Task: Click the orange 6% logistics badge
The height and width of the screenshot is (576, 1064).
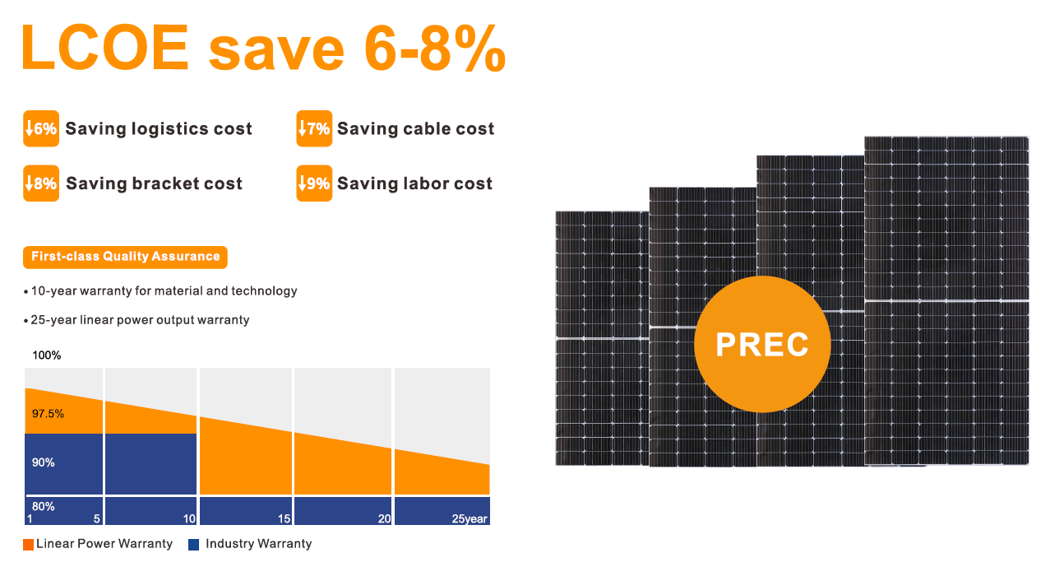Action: coord(41,129)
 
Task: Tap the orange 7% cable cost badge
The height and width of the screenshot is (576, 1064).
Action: coord(313,129)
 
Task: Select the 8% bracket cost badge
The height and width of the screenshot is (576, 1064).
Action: coord(41,183)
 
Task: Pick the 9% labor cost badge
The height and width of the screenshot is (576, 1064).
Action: coord(313,183)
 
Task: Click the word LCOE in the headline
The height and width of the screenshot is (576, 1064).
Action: coord(104,49)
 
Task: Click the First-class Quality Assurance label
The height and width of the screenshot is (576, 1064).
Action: coord(125,257)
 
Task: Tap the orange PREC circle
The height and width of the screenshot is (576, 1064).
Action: coord(761,344)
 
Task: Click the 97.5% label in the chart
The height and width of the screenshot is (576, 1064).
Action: coord(48,414)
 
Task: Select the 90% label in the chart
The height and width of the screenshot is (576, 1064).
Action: coord(44,462)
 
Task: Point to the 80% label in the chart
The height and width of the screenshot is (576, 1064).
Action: coord(44,506)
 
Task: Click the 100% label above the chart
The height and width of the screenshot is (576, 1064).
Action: coord(46,355)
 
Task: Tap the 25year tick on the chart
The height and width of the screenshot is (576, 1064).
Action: coord(470,519)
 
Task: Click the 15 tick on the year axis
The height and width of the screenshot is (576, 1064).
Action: coord(285,519)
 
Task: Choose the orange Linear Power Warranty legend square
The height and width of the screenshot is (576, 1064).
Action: coord(29,544)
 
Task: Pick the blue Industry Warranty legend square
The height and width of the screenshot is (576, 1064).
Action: coord(194,544)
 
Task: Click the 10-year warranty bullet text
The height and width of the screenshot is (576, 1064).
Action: coord(164,291)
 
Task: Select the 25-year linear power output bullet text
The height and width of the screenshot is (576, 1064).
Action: coord(140,319)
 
